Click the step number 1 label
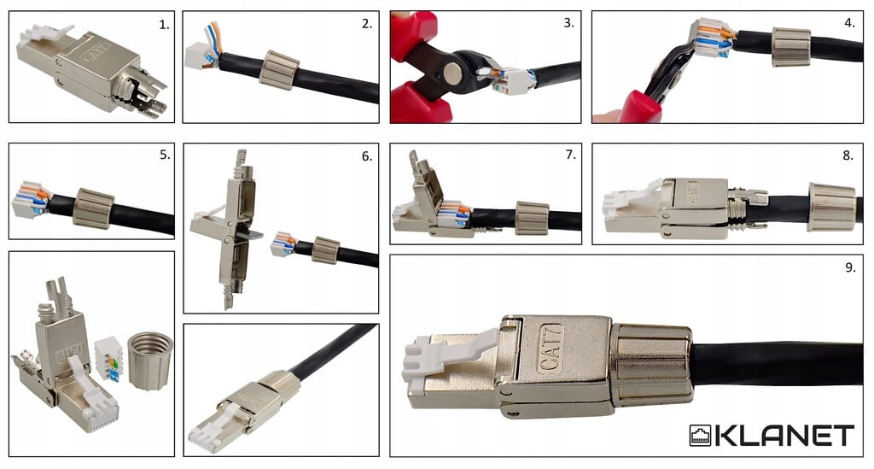(x=164, y=25)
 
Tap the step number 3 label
(x=568, y=23)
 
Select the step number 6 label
(x=366, y=156)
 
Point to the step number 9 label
(x=850, y=267)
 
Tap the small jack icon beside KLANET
(x=700, y=436)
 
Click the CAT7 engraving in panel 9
(x=551, y=348)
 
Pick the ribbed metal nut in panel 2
(x=280, y=70)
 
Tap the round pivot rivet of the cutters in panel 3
(x=452, y=73)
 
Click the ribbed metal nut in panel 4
(x=791, y=46)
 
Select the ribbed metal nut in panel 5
(x=94, y=208)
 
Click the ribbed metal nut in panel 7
(x=532, y=218)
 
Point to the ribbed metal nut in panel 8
(x=831, y=207)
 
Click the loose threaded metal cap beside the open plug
(x=150, y=361)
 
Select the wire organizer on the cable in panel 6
(x=283, y=244)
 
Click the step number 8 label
(x=848, y=155)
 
